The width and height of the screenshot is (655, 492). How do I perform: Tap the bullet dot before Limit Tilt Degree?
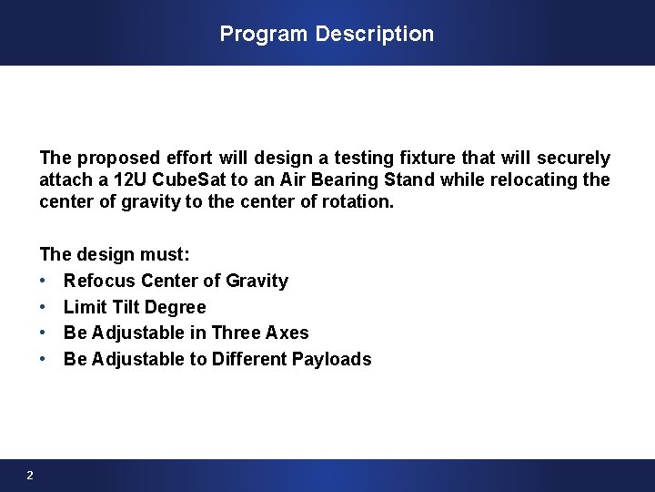(x=44, y=307)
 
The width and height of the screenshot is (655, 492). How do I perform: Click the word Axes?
(x=286, y=333)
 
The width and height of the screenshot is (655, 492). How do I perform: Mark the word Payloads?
(x=331, y=359)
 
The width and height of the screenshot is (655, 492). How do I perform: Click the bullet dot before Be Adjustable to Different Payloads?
(x=44, y=359)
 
